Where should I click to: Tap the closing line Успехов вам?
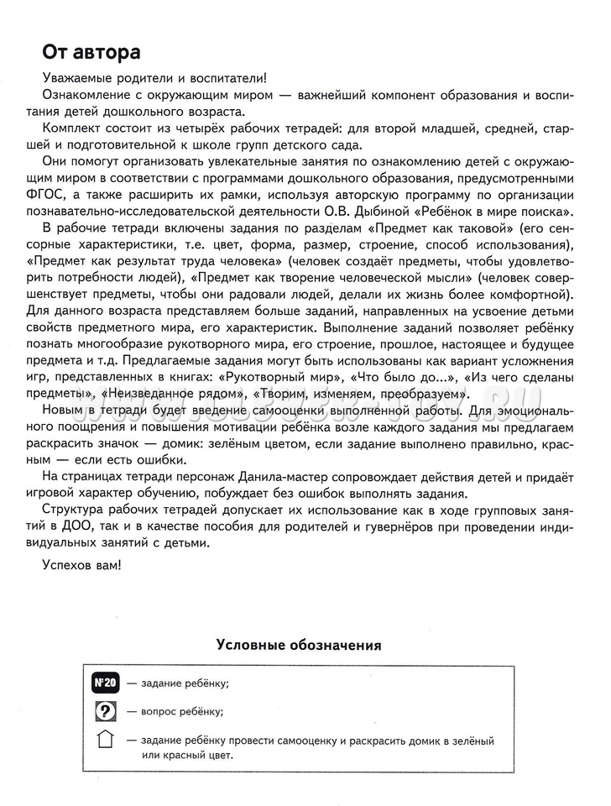point(81,565)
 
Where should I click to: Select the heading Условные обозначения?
point(300,646)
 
